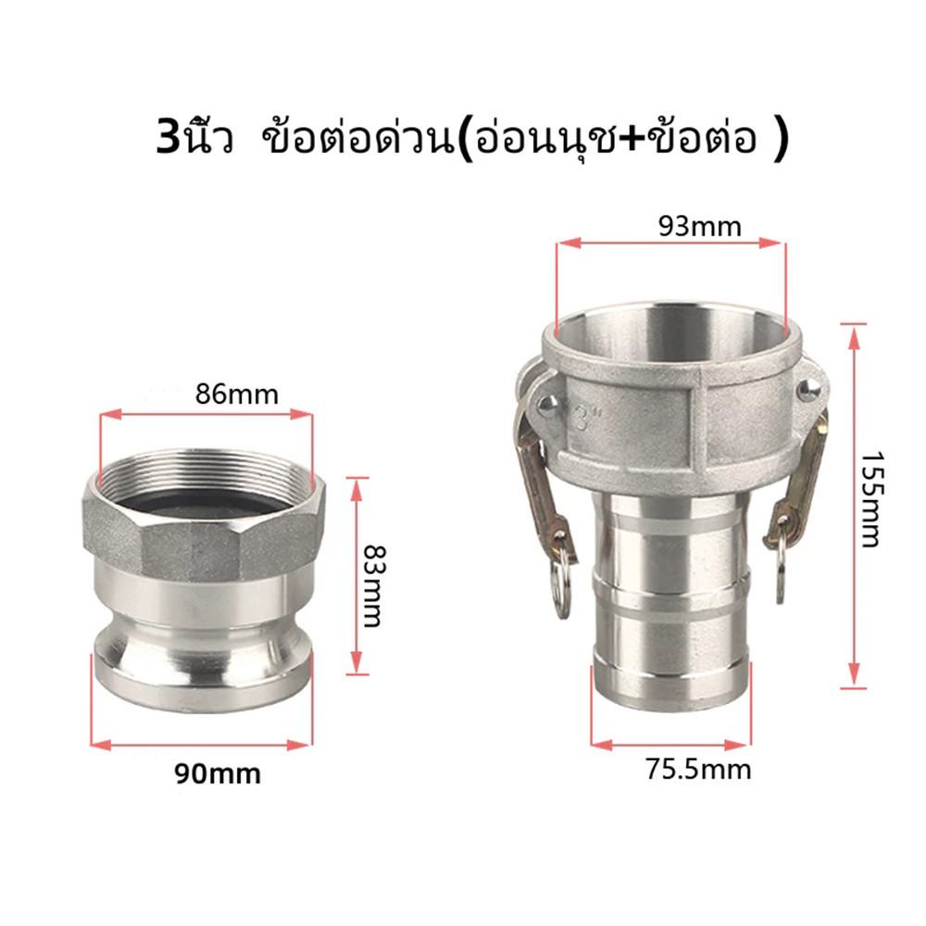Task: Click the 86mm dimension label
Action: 236,394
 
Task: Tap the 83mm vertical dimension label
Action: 372,585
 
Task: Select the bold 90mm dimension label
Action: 218,773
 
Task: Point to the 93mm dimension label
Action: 700,227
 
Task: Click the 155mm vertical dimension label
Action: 870,500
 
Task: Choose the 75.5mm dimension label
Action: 698,770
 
